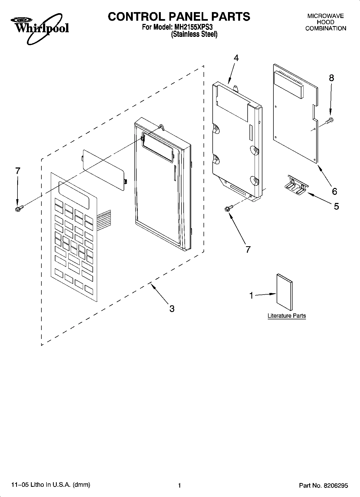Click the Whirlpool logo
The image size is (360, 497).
pos(40,28)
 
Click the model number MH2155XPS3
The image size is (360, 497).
pos(193,27)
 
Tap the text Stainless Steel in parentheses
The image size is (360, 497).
pos(194,34)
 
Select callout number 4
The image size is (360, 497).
pos(236,58)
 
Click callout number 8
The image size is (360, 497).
pos(332,78)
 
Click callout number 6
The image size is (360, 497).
pos(334,191)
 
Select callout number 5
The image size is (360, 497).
pos(336,206)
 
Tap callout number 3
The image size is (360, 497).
pos(172,308)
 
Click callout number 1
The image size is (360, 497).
pos(251,296)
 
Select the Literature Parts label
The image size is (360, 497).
pos(287,316)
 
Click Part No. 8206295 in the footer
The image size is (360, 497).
pos(323,485)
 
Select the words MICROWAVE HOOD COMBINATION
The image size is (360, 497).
pos(326,22)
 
